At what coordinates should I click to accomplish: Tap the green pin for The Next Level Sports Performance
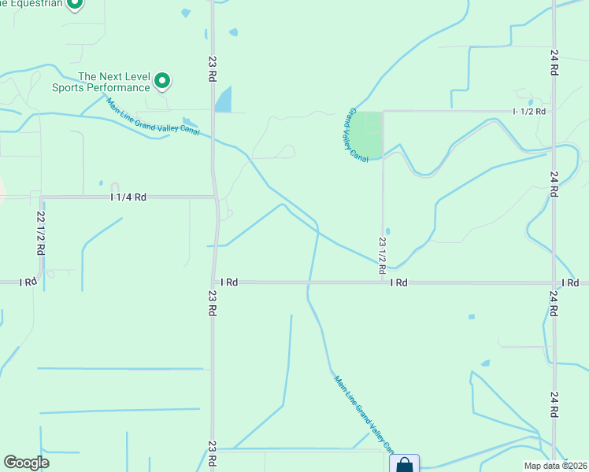pyautogui.click(x=162, y=80)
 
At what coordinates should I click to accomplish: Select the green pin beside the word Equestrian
pyautogui.click(x=75, y=4)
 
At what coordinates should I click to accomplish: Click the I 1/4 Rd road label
pyautogui.click(x=128, y=197)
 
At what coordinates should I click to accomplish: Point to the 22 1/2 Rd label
pyautogui.click(x=39, y=231)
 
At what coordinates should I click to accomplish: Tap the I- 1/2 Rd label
pyautogui.click(x=529, y=112)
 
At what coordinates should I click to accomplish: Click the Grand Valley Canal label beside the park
pyautogui.click(x=358, y=135)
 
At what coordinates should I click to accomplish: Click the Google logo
pyautogui.click(x=27, y=463)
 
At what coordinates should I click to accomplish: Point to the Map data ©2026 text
pyautogui.click(x=555, y=466)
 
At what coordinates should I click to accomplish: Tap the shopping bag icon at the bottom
pyautogui.click(x=404, y=464)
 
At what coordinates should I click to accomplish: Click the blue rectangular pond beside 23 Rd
pyautogui.click(x=224, y=99)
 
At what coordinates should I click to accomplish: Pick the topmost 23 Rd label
pyautogui.click(x=213, y=68)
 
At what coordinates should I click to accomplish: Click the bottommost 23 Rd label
pyautogui.click(x=213, y=455)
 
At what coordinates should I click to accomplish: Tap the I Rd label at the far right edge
pyautogui.click(x=570, y=282)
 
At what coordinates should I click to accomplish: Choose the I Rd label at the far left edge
pyautogui.click(x=28, y=282)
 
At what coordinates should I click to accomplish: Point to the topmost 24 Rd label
pyautogui.click(x=554, y=63)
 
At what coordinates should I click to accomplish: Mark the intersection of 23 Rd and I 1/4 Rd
pyautogui.click(x=214, y=197)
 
